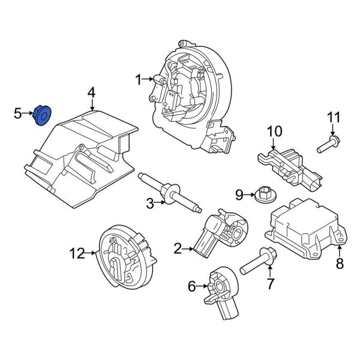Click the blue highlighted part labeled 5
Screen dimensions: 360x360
pyautogui.click(x=43, y=114)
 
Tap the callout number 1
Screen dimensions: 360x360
pyautogui.click(x=138, y=79)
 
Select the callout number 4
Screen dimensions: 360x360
pyautogui.click(x=91, y=92)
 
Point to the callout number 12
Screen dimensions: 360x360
pyautogui.click(x=77, y=254)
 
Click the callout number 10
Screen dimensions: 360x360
pyautogui.click(x=274, y=131)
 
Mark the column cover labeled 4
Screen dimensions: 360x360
pyautogui.click(x=84, y=153)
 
